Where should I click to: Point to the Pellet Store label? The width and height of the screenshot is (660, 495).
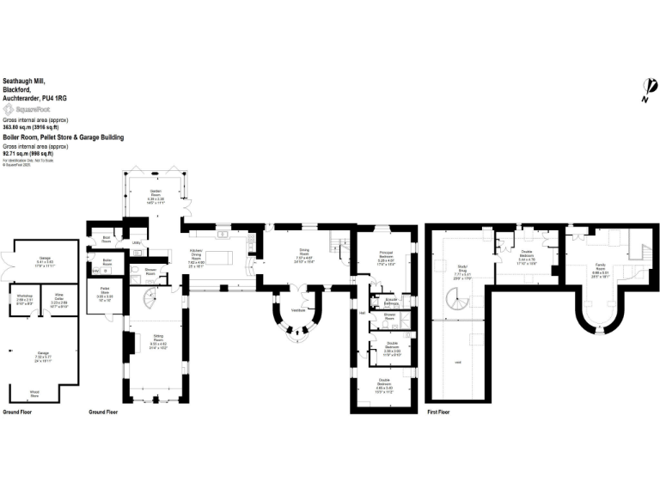click(104, 290)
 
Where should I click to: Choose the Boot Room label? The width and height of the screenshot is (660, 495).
click(107, 238)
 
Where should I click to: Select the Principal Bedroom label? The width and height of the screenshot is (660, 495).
click(385, 254)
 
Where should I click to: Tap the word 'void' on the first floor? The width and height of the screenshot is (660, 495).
click(457, 361)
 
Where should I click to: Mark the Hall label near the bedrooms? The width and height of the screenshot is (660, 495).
click(363, 312)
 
